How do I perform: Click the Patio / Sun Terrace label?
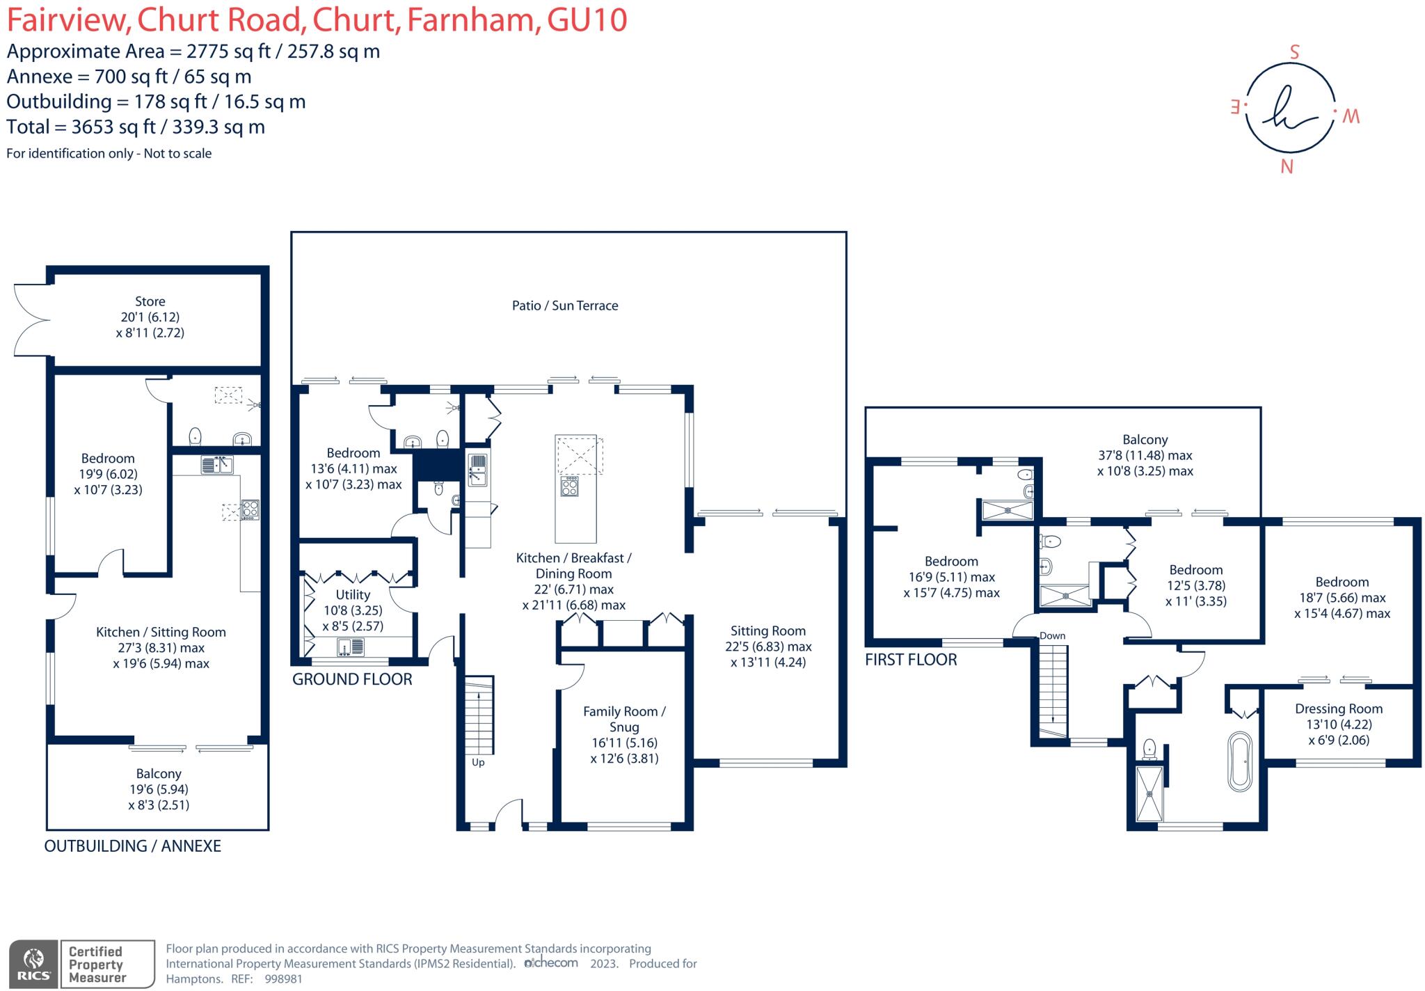(x=564, y=306)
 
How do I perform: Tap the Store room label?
(x=150, y=301)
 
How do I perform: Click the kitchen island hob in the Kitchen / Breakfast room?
(x=569, y=485)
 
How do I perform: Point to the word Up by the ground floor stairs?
(x=478, y=762)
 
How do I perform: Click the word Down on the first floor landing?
(x=1052, y=635)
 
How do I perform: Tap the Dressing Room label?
(x=1338, y=708)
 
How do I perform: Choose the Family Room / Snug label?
(x=624, y=719)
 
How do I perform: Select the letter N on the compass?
(x=1287, y=167)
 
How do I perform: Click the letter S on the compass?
(x=1294, y=52)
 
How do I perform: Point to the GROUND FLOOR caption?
(x=352, y=679)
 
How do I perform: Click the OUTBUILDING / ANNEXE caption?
(x=132, y=846)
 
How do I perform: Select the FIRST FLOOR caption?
(x=910, y=659)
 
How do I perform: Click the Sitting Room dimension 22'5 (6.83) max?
(x=767, y=647)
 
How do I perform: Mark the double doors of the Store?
(x=31, y=320)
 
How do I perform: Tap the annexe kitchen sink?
(x=217, y=464)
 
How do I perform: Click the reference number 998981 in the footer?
(x=283, y=978)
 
